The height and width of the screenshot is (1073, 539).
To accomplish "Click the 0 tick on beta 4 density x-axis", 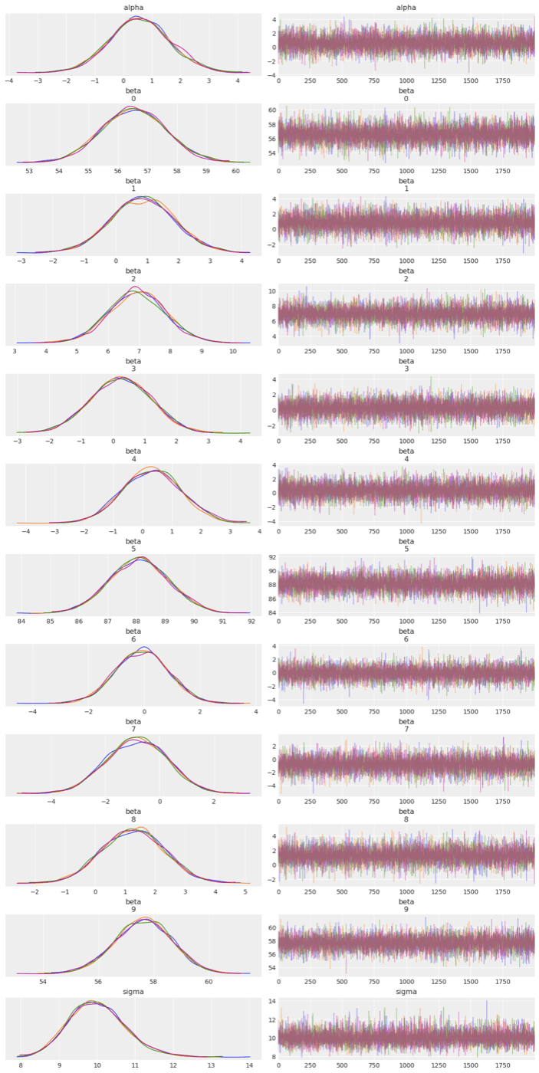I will coord(143,531).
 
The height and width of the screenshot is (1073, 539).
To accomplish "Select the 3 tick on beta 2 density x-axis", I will coord(15,351).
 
